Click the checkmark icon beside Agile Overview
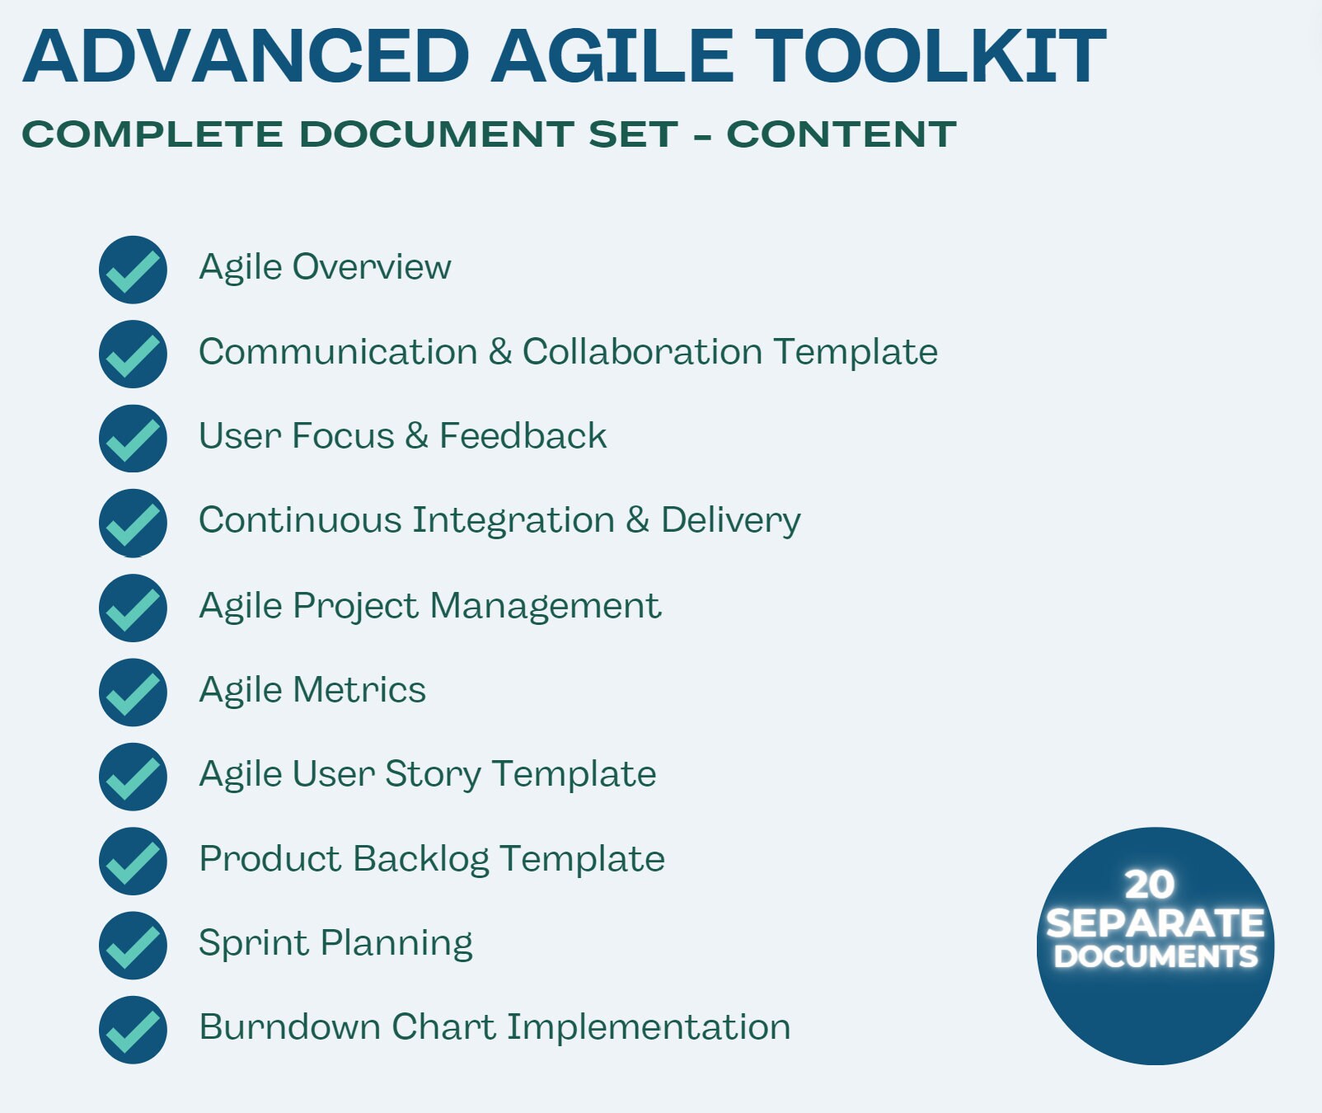coord(133,270)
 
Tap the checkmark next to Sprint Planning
coord(133,946)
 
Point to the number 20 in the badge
coord(1150,885)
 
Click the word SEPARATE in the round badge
coord(1155,923)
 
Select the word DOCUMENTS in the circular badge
coord(1156,957)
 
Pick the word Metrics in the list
coord(359,690)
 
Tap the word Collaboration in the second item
coord(642,352)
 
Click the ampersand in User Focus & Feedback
coord(416,436)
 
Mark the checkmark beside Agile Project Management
coord(133,608)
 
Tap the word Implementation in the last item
coord(648,1027)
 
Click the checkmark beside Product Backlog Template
coord(133,862)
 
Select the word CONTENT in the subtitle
coord(841,134)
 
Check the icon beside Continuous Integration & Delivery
coord(133,523)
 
